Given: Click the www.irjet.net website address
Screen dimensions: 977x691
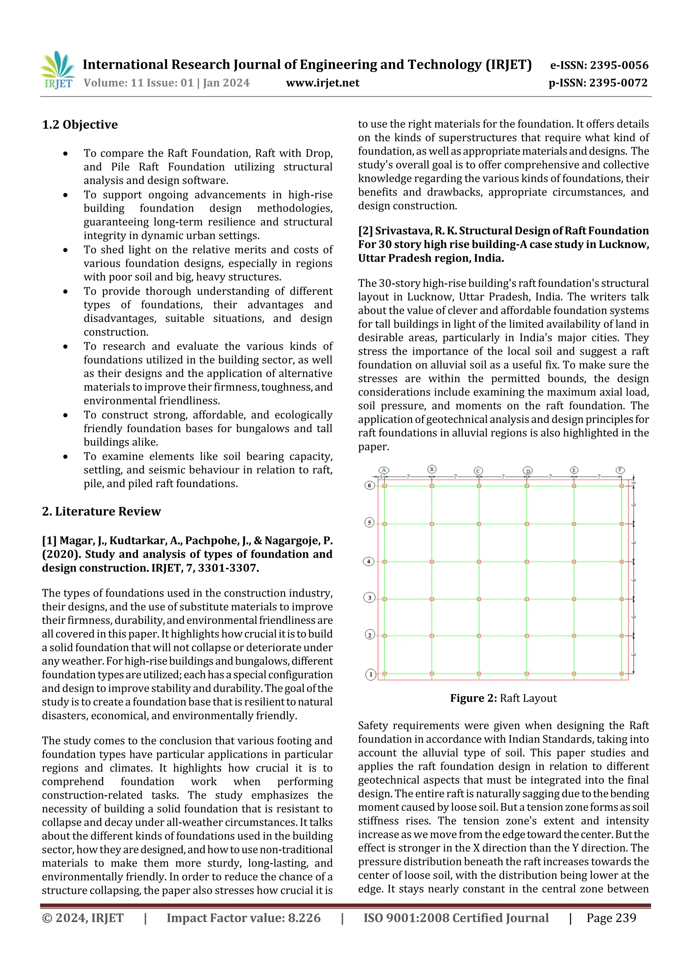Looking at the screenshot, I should [322, 83].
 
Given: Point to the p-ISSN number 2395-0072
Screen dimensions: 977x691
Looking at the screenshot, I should [618, 83].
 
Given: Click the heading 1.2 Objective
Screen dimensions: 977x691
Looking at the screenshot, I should [80, 125].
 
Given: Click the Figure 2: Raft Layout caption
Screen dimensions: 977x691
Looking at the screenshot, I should [503, 698].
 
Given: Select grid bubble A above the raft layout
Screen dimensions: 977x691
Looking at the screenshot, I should [384, 470].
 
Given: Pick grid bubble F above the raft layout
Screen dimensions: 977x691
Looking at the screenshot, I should [620, 470].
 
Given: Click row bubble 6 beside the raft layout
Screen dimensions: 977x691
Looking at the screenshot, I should [369, 485].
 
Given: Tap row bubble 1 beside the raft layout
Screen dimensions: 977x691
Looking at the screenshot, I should [370, 674].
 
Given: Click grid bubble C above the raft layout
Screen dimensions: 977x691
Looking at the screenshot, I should [478, 471].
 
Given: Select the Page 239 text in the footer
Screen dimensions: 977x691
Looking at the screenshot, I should [611, 918].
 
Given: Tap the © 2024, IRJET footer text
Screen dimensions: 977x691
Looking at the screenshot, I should [83, 918].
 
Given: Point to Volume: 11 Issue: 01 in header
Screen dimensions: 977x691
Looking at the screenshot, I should [138, 83].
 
